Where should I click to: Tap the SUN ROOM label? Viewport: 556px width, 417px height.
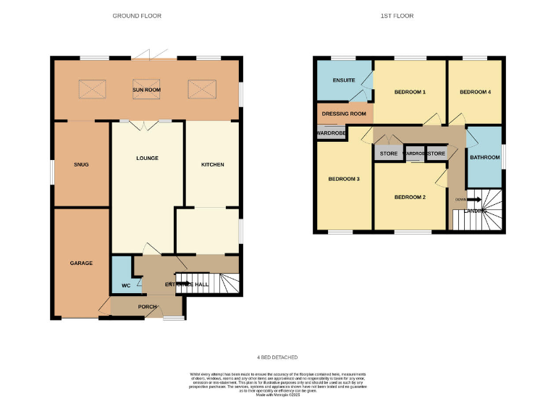(146, 90)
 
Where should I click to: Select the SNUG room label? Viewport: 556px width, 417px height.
(81, 164)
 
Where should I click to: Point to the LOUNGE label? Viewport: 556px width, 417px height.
(147, 158)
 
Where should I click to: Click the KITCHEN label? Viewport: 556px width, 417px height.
(212, 164)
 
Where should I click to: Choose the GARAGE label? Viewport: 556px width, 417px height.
(81, 263)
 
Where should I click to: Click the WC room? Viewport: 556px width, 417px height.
(125, 286)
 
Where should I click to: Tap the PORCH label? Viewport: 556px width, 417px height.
(148, 306)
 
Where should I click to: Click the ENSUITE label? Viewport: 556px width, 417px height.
(344, 80)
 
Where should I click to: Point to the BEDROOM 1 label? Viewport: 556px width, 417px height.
(410, 92)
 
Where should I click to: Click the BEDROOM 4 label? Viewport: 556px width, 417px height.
(475, 92)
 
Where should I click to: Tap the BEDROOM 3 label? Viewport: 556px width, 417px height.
(344, 179)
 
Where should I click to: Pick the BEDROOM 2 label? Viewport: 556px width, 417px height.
(409, 197)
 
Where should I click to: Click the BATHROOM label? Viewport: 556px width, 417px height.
(484, 157)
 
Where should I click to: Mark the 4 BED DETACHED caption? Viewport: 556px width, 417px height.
(277, 358)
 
